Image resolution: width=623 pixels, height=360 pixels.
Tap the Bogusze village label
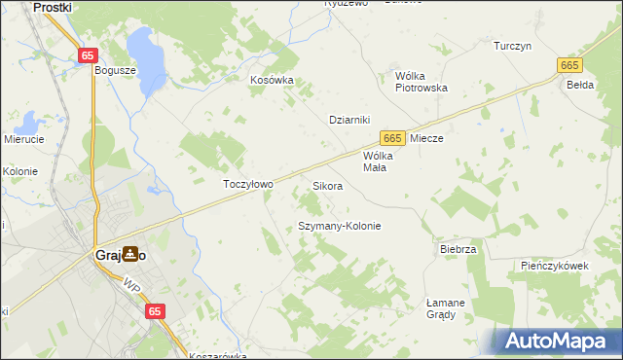point(114,70)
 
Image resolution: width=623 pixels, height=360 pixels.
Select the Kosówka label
point(272,81)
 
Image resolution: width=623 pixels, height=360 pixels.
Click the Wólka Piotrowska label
point(421,81)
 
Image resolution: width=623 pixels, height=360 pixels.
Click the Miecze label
point(426,139)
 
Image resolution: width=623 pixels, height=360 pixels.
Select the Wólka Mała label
point(376,161)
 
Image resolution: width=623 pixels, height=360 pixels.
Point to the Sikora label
point(327,185)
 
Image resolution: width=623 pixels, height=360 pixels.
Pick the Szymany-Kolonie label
point(338,226)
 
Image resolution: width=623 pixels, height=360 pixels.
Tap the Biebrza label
point(458,249)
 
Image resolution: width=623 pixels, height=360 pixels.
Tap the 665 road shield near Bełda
point(570,64)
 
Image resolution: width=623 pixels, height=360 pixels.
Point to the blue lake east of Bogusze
point(145,60)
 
